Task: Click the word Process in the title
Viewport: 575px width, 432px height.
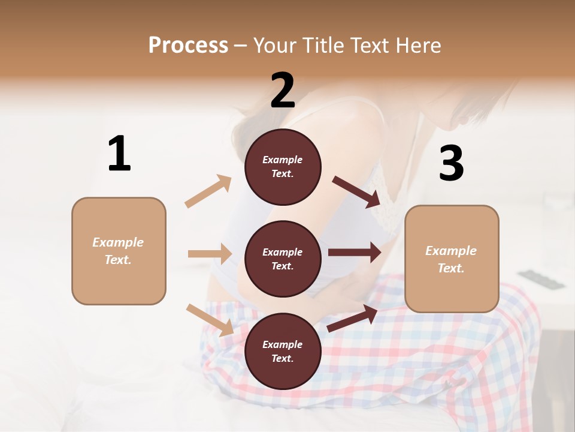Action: click(188, 45)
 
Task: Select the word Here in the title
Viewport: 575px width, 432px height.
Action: click(418, 45)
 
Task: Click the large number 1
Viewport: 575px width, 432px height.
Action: click(119, 154)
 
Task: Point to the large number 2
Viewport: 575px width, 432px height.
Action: click(283, 91)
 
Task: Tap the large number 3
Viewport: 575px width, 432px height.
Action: click(452, 164)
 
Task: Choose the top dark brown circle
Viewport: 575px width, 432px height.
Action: click(283, 167)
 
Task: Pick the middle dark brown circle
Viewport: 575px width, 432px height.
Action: click(283, 259)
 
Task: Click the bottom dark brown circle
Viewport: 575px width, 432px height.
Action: click(283, 351)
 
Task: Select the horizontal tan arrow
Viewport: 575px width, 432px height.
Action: click(210, 254)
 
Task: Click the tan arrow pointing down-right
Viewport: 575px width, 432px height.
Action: click(210, 320)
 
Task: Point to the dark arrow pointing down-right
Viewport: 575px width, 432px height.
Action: click(356, 192)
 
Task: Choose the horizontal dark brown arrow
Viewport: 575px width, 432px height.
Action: click(355, 253)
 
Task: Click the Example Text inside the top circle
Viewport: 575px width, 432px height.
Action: click(283, 167)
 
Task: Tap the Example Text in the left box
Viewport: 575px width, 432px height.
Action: click(118, 251)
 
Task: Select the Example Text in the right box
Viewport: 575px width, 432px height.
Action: click(451, 259)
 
